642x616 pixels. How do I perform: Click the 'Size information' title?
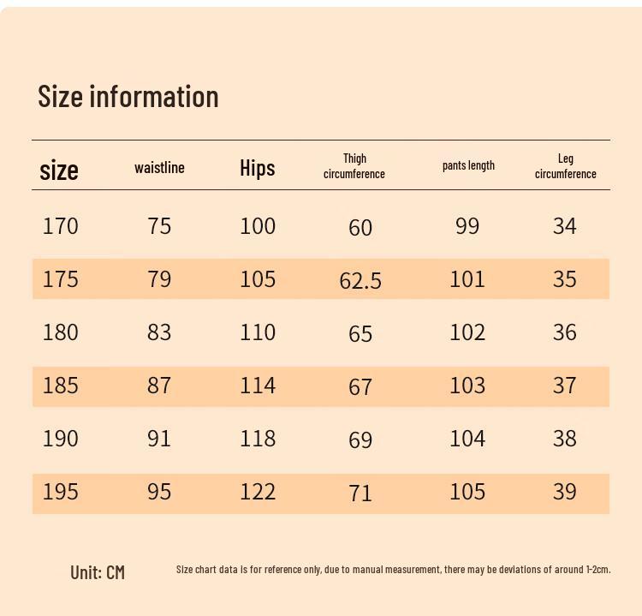click(128, 96)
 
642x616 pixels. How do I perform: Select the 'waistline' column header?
click(159, 167)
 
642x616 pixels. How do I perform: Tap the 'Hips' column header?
click(258, 168)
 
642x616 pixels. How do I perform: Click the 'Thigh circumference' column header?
click(354, 166)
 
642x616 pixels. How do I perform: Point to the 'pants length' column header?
click(468, 165)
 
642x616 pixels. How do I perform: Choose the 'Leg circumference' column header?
click(565, 166)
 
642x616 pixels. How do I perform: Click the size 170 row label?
click(61, 226)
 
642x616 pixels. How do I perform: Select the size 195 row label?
click(61, 492)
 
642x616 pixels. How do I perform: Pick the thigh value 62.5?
click(360, 280)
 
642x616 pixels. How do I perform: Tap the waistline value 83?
click(159, 332)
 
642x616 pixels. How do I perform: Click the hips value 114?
click(258, 386)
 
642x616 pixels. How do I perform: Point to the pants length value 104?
click(467, 439)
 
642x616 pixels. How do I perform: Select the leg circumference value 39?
click(564, 492)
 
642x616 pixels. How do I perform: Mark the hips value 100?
click(258, 226)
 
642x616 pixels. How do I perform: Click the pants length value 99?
click(467, 226)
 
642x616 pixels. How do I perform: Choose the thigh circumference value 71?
click(360, 493)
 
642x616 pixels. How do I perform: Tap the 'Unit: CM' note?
click(98, 572)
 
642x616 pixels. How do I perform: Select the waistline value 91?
click(159, 439)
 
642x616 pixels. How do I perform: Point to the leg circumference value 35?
click(564, 279)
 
